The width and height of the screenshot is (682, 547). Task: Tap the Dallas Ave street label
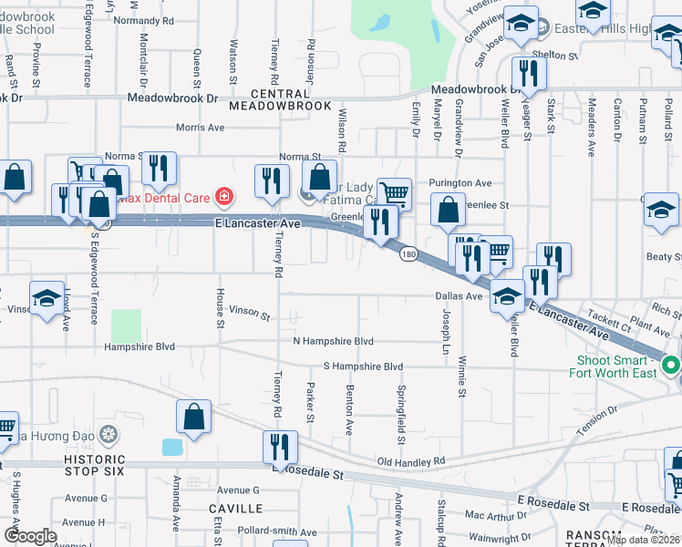tap(458, 296)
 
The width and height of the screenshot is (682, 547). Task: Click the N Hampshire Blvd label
tap(333, 341)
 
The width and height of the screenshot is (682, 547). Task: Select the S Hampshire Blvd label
tap(362, 366)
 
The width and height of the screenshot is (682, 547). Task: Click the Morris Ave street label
tap(200, 128)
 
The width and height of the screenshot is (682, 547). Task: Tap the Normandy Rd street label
tap(143, 20)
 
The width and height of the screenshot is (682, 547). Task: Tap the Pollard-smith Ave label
tap(276, 532)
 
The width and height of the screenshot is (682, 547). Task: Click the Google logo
tap(30, 536)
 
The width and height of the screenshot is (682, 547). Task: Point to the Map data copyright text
tap(643, 540)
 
